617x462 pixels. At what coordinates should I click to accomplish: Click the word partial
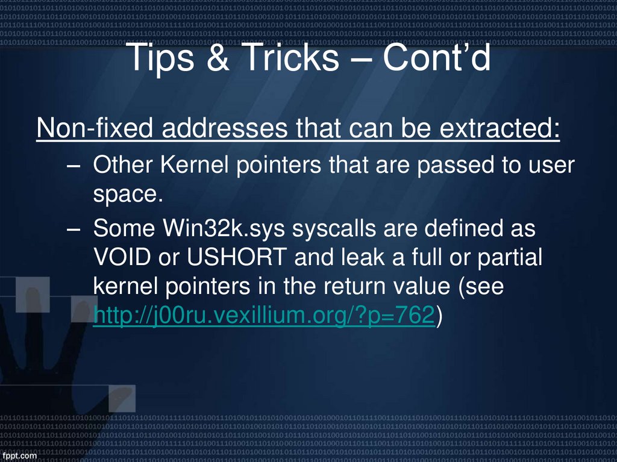[510, 258]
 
